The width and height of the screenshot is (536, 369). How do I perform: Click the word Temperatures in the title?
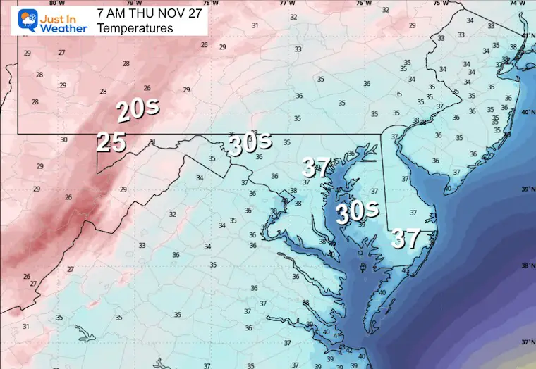[135, 28]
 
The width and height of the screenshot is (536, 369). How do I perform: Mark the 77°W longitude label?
[286, 3]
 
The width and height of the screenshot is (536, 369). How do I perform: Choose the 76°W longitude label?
[363, 3]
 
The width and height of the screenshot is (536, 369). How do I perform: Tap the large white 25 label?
[111, 142]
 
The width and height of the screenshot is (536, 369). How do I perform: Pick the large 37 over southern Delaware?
[407, 239]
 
